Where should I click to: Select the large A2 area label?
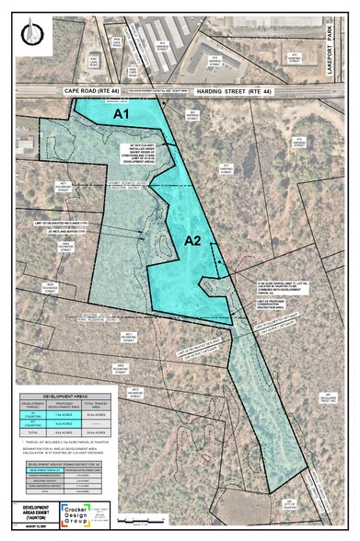coord(192,240)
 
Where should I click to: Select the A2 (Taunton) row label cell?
coord(34,428)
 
